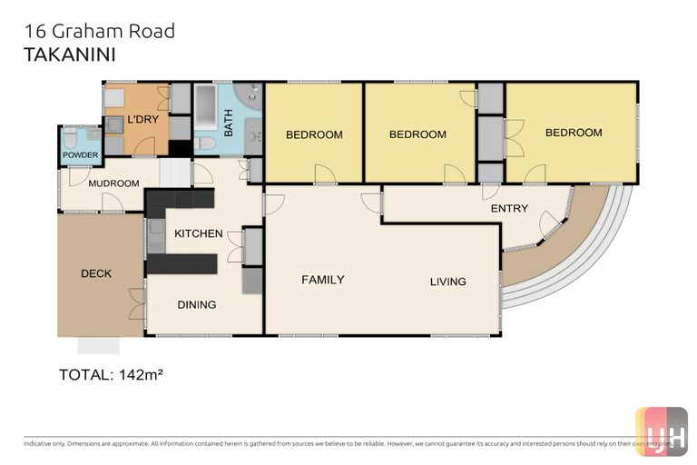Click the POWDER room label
coord(80,155)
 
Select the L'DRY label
coord(142,120)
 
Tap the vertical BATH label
coord(229,124)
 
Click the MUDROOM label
coord(113,183)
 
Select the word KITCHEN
coord(198,233)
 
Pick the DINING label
coord(196,304)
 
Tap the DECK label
coord(96,273)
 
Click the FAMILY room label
coord(322,280)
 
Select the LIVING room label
coord(447,282)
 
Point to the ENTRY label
coord(508,209)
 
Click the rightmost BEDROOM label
coord(573,133)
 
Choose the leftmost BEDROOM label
coord(314,135)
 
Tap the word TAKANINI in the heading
coord(69,54)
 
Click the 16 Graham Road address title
coord(98,32)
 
